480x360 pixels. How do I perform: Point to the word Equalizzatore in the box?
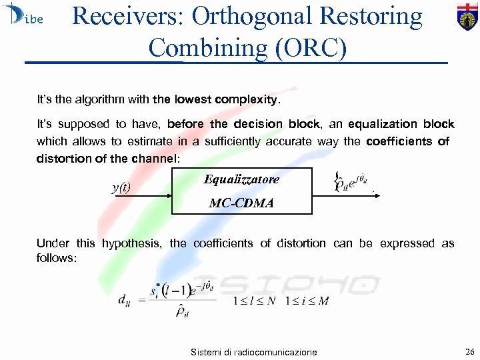click(x=241, y=180)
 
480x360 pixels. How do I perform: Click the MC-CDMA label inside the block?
click(x=241, y=203)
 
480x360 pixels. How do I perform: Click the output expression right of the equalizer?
click(x=349, y=181)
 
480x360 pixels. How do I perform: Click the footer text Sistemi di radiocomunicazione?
click(x=253, y=352)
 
